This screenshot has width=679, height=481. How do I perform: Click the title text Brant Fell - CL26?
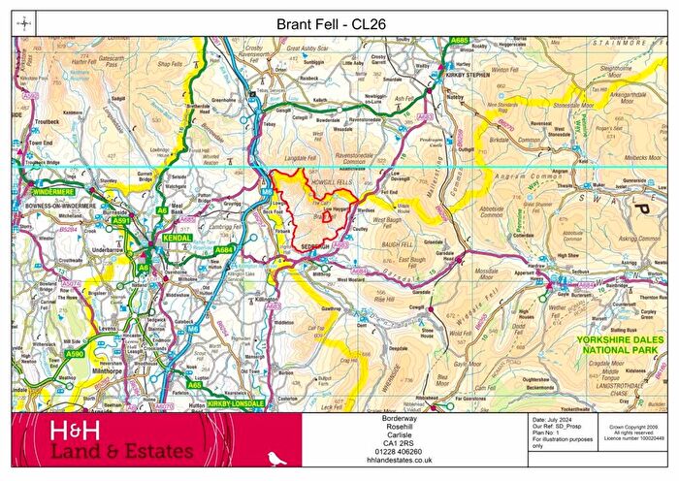(x=339, y=22)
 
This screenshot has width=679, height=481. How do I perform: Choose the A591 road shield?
(x=121, y=221)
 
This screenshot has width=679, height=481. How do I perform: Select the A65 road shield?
(x=194, y=385)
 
